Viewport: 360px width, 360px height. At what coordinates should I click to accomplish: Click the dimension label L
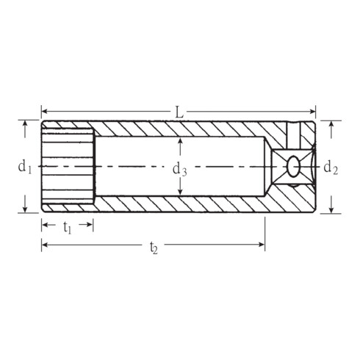179,112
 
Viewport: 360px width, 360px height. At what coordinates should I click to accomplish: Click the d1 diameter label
25,168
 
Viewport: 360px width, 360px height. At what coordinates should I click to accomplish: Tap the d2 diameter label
331,168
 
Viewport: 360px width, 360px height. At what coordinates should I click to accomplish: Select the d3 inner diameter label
180,170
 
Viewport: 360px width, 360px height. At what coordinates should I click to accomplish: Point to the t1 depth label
68,228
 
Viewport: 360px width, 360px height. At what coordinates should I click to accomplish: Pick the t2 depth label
154,248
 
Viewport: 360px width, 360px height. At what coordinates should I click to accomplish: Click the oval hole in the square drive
293,166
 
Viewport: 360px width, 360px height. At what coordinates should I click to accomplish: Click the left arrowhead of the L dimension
44,112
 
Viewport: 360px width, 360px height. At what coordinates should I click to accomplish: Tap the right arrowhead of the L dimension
313,112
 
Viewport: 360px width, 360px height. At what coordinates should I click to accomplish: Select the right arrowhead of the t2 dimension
262,244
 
